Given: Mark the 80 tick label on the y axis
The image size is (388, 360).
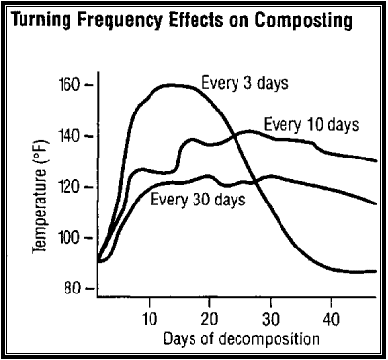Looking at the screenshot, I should [x=74, y=288].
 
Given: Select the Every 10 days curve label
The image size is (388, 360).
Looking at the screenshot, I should [x=312, y=125].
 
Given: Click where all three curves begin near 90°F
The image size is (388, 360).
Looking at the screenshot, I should [x=99, y=261].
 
